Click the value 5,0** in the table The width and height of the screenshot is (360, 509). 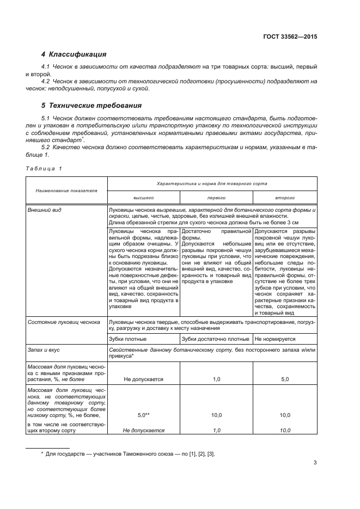pyautogui.click(x=144, y=415)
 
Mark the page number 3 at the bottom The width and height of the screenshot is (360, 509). pyautogui.click(x=315, y=463)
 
